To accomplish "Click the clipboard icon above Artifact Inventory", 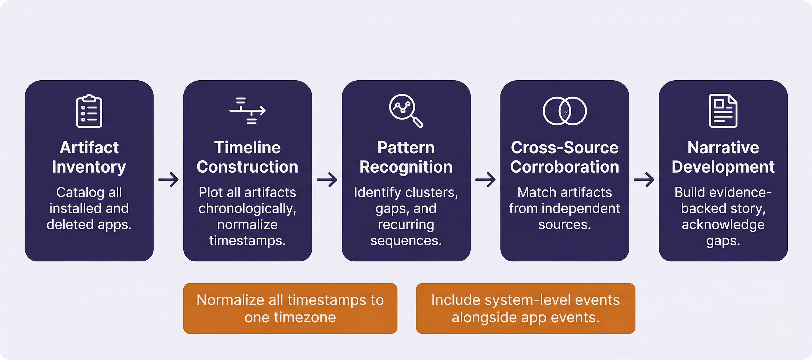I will tap(89, 111).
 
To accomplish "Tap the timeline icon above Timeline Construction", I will tap(247, 111).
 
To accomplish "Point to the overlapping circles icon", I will tap(565, 111).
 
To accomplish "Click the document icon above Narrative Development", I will tap(723, 111).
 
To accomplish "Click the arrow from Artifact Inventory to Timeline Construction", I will tap(169, 180).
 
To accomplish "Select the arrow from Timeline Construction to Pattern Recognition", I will tap(327, 180).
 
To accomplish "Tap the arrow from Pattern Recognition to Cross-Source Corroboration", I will tap(486, 180).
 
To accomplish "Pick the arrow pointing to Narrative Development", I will tap(644, 180).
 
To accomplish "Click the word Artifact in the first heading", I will tap(89, 148).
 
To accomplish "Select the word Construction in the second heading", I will tap(247, 167).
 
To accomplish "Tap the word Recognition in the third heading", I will tap(406, 167).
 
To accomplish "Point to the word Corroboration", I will tap(565, 167).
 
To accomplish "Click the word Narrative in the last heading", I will tap(723, 148).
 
